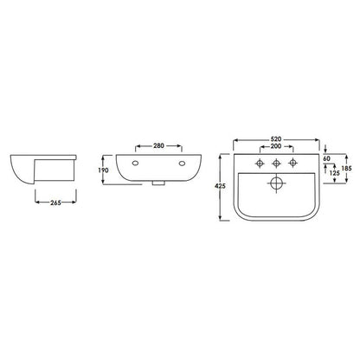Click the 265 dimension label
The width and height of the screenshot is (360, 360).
pos(55,202)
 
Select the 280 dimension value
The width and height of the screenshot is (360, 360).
pos(158,146)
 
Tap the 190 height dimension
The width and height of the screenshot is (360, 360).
pos(103,170)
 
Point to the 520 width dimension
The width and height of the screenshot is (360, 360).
pos(276,139)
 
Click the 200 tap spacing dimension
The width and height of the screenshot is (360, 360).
pos(276,146)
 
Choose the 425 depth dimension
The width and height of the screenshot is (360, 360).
pos(220,186)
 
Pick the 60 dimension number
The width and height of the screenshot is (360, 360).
pos(326,158)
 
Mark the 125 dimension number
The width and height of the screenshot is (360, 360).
pos(334,173)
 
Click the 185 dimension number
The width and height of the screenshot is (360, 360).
pos(346,168)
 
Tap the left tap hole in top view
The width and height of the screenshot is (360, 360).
pos(260,164)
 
